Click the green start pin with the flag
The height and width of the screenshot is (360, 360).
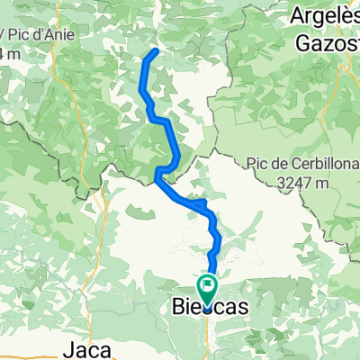[x=208, y=289]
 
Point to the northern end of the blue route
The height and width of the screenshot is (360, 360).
[x=157, y=50]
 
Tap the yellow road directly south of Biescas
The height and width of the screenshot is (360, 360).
[x=206, y=337]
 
